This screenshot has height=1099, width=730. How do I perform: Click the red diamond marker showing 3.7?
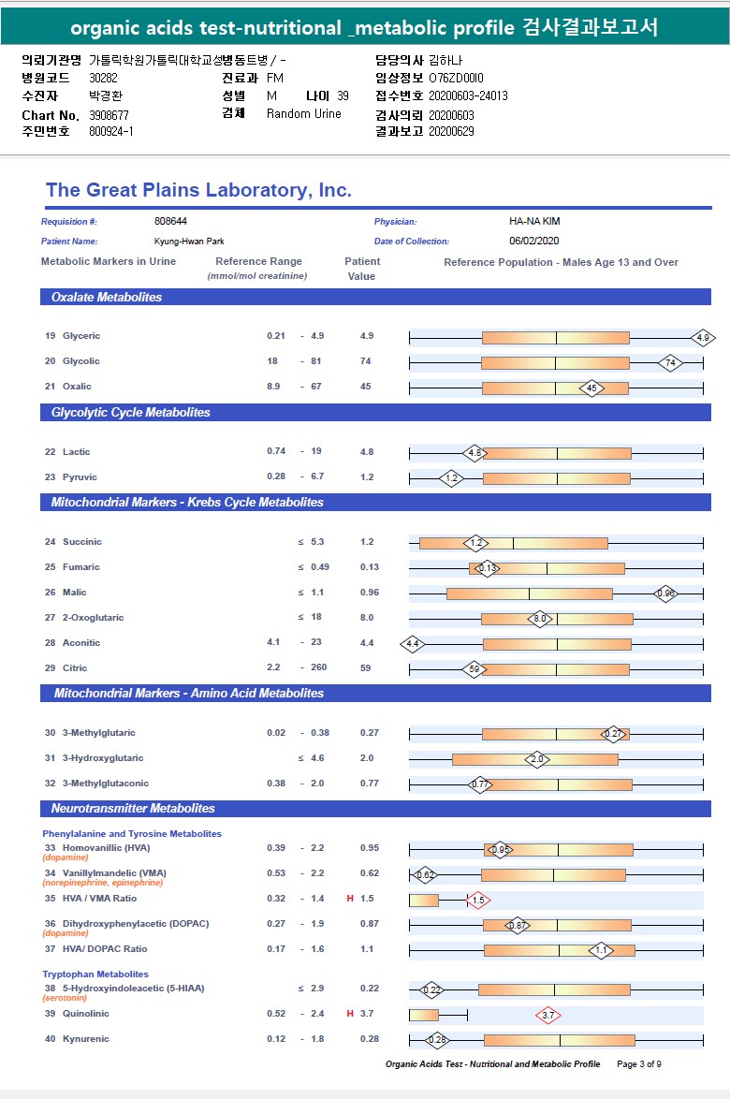click(x=548, y=1015)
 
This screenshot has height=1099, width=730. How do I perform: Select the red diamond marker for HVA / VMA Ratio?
click(x=478, y=900)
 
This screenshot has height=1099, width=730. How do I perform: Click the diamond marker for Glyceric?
click(x=704, y=337)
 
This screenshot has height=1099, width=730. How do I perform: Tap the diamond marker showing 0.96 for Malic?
click(x=665, y=593)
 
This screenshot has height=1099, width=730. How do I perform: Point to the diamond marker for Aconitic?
click(x=413, y=644)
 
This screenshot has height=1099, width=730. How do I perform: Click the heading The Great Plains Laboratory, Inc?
click(x=198, y=191)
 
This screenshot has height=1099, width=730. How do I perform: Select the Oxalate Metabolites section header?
click(x=107, y=298)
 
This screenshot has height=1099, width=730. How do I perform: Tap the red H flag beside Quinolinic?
click(x=350, y=1014)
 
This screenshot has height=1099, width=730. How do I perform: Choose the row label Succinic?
click(x=82, y=542)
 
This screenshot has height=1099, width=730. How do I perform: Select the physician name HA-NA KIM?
click(x=534, y=222)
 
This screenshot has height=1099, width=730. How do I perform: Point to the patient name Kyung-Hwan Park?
click(x=189, y=242)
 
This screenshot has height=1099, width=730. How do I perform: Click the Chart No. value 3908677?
click(x=109, y=115)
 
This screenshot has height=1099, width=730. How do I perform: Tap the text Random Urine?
click(x=303, y=114)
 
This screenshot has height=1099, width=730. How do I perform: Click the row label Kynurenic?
click(x=86, y=1039)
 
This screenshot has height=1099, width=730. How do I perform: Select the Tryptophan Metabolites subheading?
click(x=95, y=974)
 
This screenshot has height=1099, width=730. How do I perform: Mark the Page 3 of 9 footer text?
click(x=638, y=1064)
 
